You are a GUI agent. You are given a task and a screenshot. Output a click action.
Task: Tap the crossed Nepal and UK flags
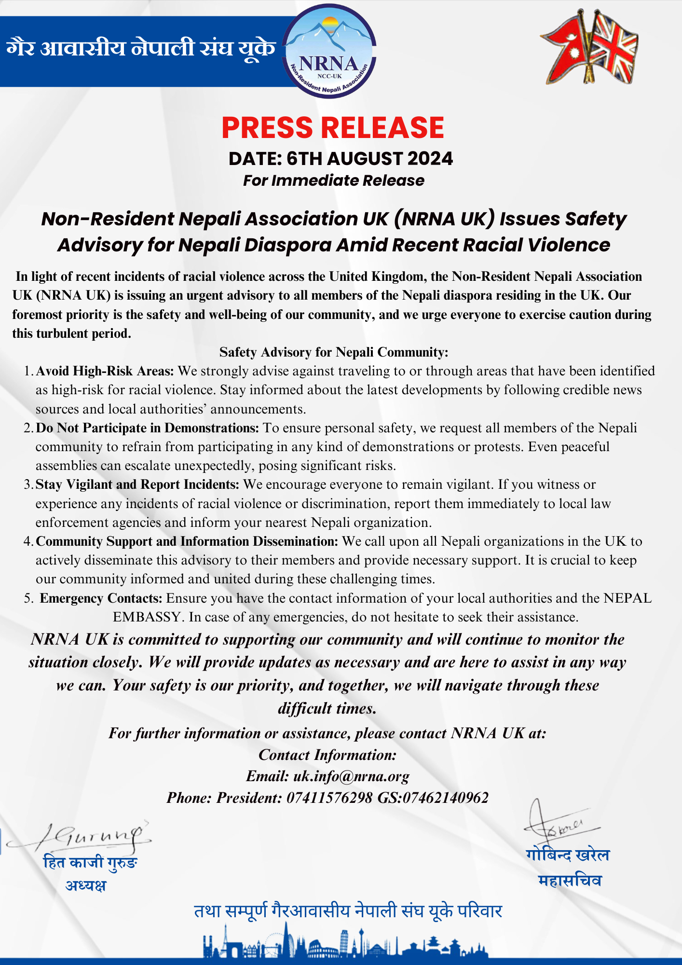(x=589, y=47)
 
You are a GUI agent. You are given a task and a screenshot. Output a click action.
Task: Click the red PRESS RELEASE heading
(x=332, y=128)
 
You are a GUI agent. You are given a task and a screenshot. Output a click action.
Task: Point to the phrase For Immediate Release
(x=333, y=180)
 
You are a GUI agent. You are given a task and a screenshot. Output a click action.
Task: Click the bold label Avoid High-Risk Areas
(x=105, y=371)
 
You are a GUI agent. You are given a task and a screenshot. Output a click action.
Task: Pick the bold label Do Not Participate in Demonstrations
(x=148, y=428)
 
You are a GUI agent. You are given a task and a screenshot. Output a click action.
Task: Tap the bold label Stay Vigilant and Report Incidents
(x=137, y=484)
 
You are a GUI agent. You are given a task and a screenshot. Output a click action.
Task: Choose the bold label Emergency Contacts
(x=101, y=598)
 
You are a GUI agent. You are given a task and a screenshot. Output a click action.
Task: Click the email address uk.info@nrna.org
(x=351, y=776)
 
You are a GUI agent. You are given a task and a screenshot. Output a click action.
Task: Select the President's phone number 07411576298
(x=329, y=798)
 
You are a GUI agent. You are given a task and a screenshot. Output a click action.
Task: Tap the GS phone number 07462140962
(x=445, y=798)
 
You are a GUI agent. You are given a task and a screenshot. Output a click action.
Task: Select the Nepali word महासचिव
(x=570, y=881)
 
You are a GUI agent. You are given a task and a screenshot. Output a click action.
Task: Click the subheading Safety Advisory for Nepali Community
(x=334, y=352)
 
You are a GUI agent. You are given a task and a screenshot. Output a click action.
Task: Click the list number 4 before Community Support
(x=27, y=541)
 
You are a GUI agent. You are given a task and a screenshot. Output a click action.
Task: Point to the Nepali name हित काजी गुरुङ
(x=90, y=862)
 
